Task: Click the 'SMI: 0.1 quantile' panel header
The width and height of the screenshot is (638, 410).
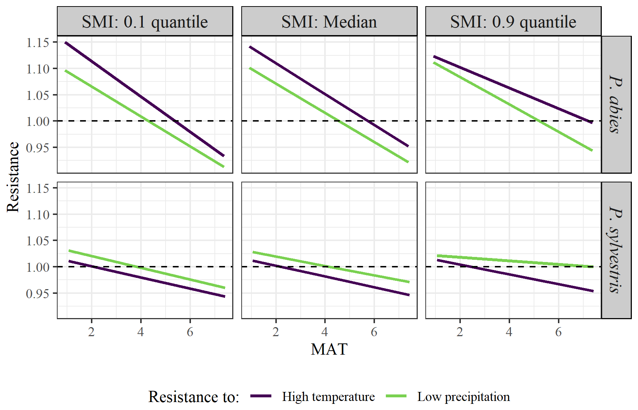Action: pos(145,22)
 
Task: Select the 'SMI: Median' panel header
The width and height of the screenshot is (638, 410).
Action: pos(329,22)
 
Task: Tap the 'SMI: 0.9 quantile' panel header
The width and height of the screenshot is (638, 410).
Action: pos(513,22)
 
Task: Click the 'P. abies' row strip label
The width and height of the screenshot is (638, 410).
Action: pos(616,104)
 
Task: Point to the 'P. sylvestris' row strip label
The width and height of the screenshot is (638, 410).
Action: pos(616,250)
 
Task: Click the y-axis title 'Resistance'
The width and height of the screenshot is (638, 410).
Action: pos(13,177)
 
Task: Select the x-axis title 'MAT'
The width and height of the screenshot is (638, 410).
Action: pos(329,349)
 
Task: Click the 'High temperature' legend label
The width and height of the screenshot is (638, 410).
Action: pos(328,397)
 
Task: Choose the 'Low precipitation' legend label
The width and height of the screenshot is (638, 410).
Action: pos(463,397)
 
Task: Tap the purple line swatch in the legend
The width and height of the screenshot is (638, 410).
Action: pos(261,396)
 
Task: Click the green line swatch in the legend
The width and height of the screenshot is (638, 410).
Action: pos(396,396)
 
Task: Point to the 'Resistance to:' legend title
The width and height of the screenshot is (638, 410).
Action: pos(194,397)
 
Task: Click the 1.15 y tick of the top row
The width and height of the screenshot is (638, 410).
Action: pos(38,43)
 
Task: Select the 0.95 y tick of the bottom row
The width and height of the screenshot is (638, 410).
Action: pos(38,293)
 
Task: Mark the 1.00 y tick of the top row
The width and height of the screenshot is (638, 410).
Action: pos(38,121)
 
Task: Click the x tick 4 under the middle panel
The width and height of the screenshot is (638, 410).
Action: pos(325,331)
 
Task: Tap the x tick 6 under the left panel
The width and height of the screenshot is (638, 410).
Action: pos(190,331)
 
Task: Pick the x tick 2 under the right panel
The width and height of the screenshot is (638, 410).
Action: pos(460,331)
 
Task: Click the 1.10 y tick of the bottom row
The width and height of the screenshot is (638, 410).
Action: pos(38,215)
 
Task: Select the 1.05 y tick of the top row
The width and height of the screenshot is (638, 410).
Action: pos(38,95)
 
